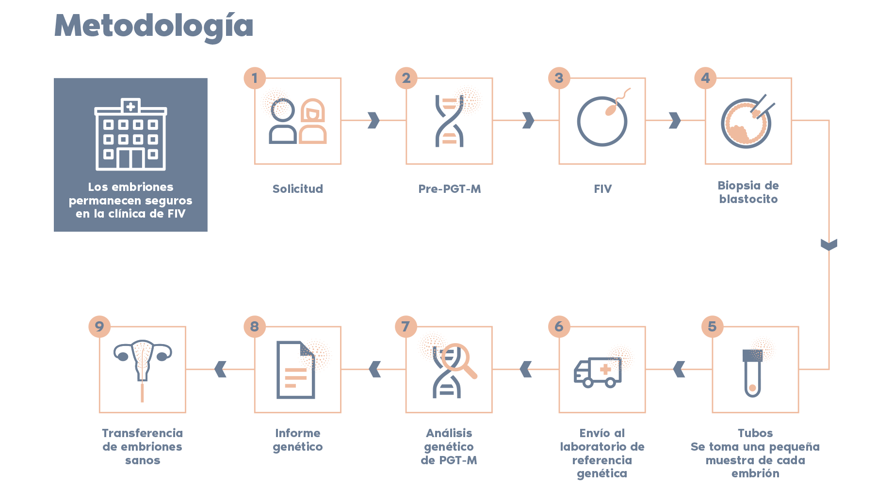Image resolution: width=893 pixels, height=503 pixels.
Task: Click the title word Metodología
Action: click(154, 26)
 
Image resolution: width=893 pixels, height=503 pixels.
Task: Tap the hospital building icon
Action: click(130, 135)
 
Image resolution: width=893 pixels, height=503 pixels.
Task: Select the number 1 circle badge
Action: click(255, 78)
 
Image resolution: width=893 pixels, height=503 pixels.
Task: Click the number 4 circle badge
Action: click(705, 78)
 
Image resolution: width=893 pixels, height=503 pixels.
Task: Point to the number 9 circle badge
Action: click(99, 327)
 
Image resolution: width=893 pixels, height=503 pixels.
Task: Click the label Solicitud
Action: click(298, 189)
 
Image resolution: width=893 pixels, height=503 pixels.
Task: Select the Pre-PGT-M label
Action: click(450, 189)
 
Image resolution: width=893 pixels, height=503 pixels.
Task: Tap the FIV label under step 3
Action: click(603, 189)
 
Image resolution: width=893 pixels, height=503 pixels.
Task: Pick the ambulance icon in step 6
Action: click(598, 373)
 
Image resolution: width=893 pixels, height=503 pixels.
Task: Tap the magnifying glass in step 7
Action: click(459, 360)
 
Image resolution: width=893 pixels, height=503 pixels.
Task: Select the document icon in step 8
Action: click(296, 370)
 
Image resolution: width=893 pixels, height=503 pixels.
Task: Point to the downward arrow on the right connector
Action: click(829, 245)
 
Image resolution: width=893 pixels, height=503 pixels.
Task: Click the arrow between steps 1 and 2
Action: click(373, 120)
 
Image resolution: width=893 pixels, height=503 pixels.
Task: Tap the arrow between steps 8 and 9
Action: click(221, 369)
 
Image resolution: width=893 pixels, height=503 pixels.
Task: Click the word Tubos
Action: click(755, 433)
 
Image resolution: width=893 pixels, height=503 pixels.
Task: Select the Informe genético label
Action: click(298, 440)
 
